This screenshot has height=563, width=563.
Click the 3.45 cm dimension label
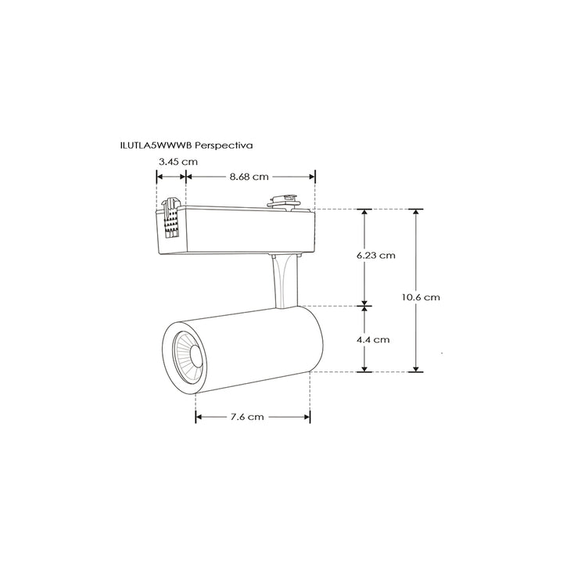[x=178, y=161]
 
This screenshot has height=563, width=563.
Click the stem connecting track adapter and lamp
[x=284, y=281]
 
